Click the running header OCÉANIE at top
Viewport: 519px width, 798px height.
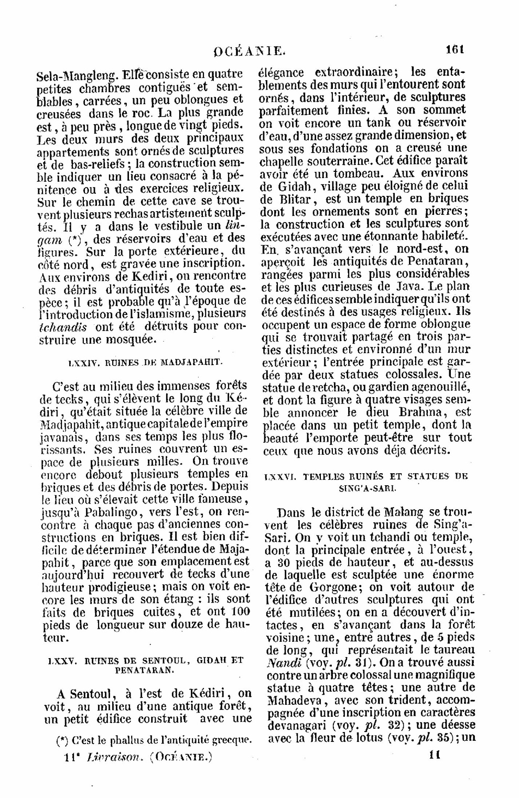[250, 51]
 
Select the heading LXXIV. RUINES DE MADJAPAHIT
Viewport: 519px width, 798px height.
[146, 362]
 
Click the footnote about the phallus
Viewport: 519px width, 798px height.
[154, 740]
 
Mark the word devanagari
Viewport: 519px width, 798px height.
[297, 726]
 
